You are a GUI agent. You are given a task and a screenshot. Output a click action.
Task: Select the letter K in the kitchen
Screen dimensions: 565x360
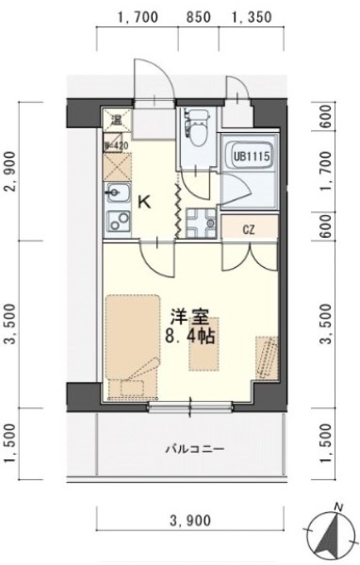(x=144, y=201)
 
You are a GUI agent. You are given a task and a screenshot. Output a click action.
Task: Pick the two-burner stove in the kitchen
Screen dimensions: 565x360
(x=118, y=226)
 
